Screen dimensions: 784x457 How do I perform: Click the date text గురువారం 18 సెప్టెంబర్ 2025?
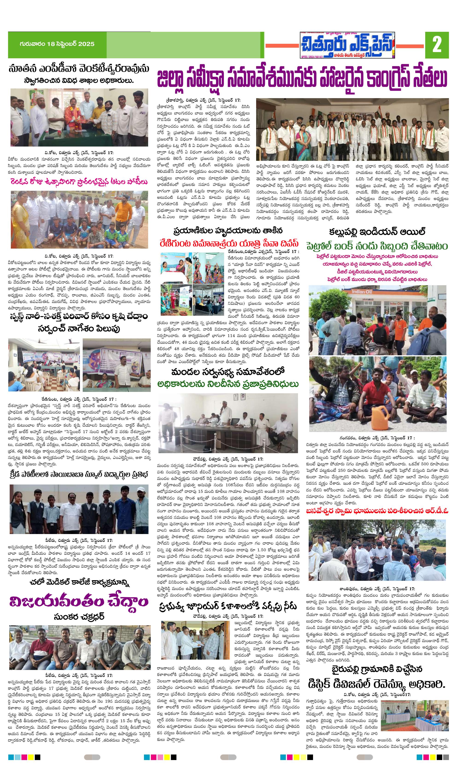pos(57,44)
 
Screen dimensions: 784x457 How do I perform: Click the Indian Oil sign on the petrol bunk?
pos(362,292)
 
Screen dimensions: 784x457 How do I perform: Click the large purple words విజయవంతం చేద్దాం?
pos(79,601)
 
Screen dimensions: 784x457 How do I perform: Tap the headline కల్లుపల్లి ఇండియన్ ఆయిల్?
pos(377,232)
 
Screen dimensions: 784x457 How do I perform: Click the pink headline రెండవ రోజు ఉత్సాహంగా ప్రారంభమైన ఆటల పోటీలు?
pos(79,182)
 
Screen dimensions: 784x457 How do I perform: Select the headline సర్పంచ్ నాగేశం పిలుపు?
pos(79,329)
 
